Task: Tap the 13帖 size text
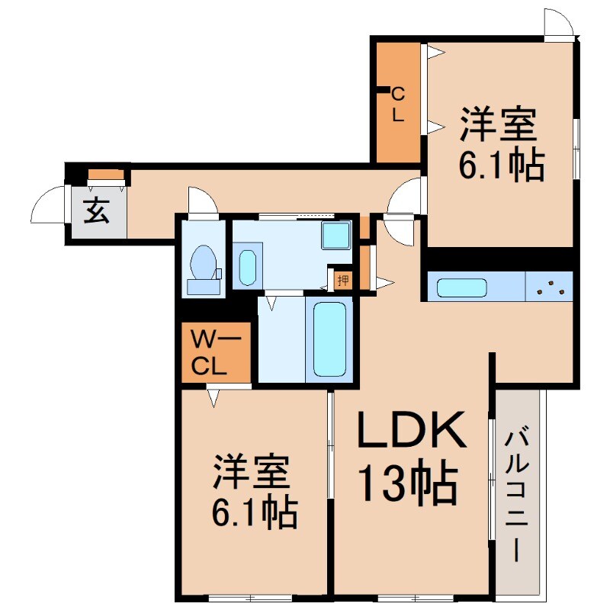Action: (x=408, y=483)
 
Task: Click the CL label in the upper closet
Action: (x=398, y=104)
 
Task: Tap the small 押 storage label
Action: (x=343, y=280)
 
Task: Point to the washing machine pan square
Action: (x=335, y=235)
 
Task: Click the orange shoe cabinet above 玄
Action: (x=106, y=174)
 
